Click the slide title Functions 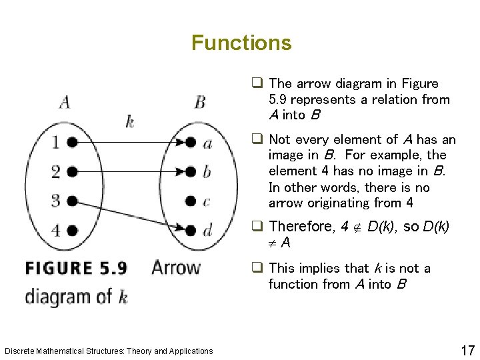point(241,43)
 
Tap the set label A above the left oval point(65,102)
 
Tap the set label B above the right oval point(200,102)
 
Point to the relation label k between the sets point(129,121)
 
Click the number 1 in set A point(55,142)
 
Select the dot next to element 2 point(72,171)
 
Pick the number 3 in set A point(55,200)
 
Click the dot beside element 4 point(72,230)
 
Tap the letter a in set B point(207,143)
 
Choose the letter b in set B point(207,171)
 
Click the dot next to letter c point(191,201)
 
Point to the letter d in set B point(207,230)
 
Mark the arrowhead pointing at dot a point(180,142)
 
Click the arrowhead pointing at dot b point(180,171)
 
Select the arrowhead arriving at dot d point(180,228)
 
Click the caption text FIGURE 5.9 point(76,269)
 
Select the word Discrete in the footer point(19,351)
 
